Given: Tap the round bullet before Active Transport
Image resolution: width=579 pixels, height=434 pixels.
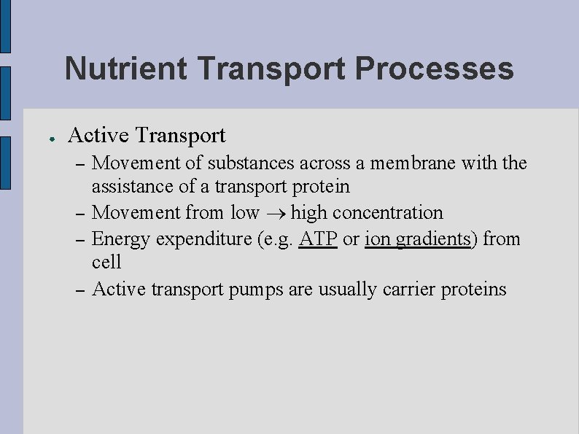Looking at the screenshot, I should (44, 138).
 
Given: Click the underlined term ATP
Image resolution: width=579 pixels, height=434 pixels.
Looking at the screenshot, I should (318, 239).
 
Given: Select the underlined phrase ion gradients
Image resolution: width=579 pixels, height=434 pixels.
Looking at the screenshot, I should (418, 239).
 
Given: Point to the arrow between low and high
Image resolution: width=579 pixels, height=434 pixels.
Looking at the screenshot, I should (275, 213).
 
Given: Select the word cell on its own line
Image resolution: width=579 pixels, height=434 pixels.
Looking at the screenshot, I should (106, 262).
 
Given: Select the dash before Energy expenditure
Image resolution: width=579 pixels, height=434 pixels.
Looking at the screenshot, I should (79, 239).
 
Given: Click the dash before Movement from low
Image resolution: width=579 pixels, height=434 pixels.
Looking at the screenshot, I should (79, 214).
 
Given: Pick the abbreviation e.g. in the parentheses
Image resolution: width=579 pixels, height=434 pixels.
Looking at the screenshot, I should (276, 239).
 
